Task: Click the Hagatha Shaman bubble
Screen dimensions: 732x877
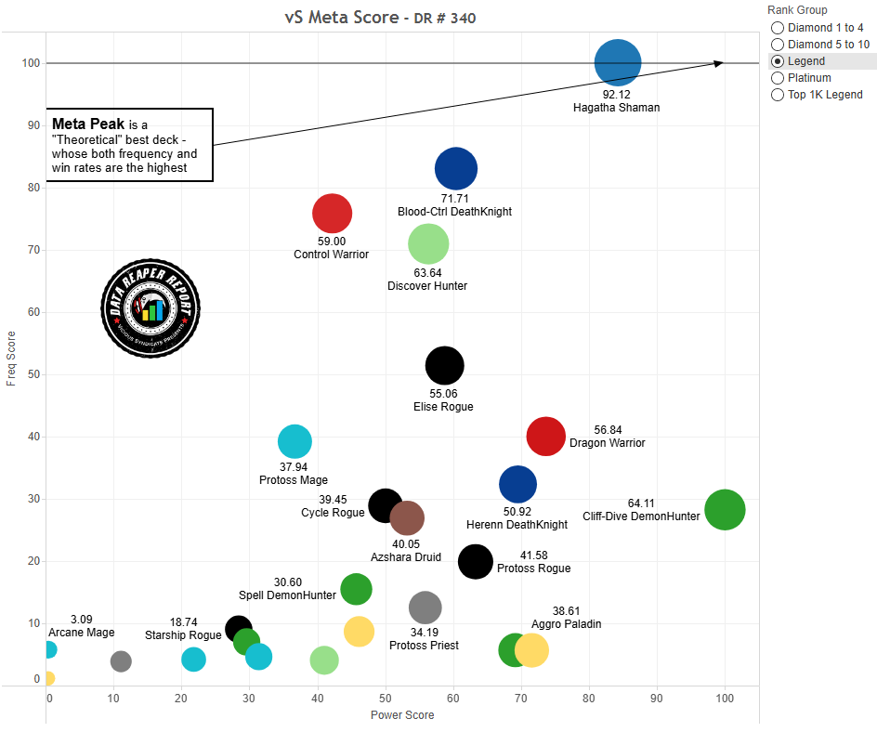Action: tap(618, 63)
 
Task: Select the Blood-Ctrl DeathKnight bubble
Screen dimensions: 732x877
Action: tap(455, 168)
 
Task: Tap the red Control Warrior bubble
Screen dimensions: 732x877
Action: tap(332, 213)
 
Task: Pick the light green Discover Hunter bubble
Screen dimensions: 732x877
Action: tap(428, 243)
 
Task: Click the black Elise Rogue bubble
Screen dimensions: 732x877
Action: tap(444, 365)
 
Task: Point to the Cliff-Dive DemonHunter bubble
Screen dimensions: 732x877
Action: tap(725, 509)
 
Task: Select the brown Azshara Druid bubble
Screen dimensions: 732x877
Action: tap(407, 517)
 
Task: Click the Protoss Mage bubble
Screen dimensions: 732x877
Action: tap(295, 441)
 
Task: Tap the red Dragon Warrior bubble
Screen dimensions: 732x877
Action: tap(545, 437)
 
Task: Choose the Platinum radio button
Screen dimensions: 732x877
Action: tap(778, 78)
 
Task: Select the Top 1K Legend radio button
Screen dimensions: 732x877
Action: tap(778, 95)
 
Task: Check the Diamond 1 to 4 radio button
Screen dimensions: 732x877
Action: tap(778, 28)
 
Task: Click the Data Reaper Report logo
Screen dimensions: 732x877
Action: tap(151, 307)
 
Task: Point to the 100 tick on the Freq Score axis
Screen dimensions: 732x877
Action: tap(33, 63)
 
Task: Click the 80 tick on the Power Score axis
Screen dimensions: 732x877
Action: tap(589, 698)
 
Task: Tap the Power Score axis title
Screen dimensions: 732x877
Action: tap(402, 715)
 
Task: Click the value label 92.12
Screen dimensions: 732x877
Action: tap(617, 94)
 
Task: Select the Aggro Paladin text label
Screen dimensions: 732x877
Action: tap(566, 624)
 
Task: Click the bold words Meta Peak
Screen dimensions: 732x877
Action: tap(89, 124)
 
